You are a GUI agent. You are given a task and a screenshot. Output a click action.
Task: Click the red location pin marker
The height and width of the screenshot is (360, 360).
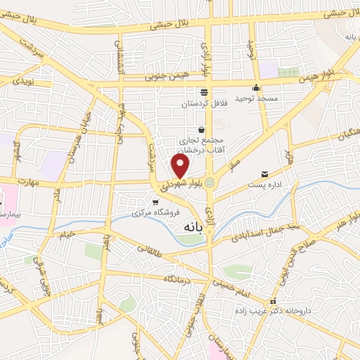click(181, 166)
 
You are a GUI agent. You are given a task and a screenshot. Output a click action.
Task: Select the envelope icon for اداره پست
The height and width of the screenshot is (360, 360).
click(264, 174)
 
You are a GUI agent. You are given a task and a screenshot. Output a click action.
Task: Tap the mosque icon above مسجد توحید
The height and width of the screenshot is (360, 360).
click(256, 88)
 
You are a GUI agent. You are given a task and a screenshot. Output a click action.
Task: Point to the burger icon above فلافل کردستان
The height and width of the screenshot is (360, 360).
click(204, 92)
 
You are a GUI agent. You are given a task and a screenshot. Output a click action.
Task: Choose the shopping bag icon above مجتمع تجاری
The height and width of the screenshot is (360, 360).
click(202, 129)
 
